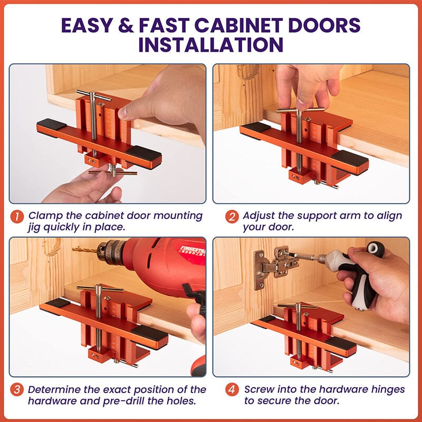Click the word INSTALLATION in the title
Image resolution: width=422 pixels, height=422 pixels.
tap(210, 44)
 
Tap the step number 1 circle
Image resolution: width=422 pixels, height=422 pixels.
tap(17, 216)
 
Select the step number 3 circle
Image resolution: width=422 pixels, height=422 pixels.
tap(17, 390)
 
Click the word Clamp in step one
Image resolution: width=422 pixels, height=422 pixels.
tap(43, 216)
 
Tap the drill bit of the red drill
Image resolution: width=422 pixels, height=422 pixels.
tap(84, 250)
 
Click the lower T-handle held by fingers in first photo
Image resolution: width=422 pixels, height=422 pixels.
tap(112, 172)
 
